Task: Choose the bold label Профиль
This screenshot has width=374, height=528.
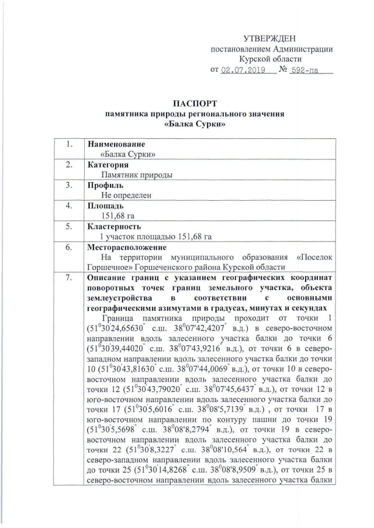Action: click(106, 186)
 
